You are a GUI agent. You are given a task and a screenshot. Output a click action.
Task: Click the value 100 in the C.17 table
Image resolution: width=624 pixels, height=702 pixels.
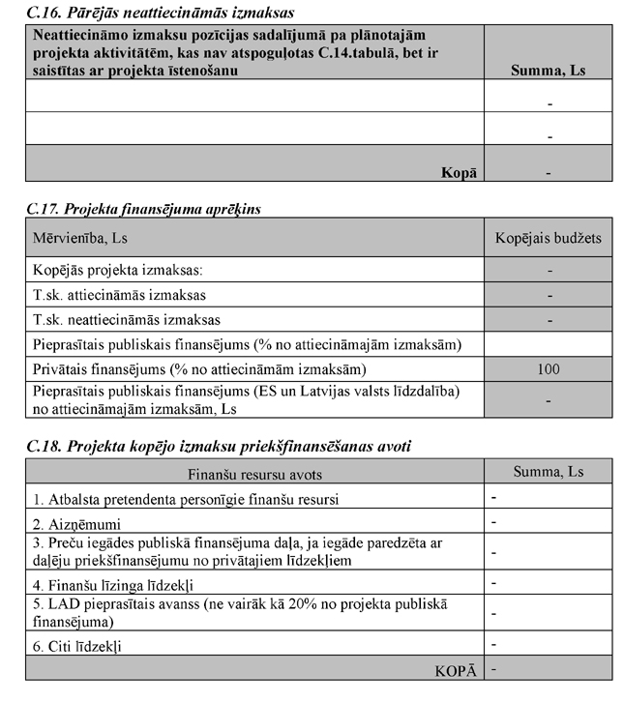[549, 368]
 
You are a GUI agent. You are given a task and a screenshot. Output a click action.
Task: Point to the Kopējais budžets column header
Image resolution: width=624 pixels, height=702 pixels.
[549, 237]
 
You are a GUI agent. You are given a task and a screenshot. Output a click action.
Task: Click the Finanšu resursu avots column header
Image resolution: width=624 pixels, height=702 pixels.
[254, 474]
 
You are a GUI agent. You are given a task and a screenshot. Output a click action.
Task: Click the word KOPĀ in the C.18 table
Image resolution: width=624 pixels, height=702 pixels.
[456, 669]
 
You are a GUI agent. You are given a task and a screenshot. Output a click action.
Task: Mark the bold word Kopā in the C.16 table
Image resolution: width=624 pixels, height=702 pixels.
[460, 172]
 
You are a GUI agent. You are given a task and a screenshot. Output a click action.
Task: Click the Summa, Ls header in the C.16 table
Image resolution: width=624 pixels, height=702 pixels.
[548, 71]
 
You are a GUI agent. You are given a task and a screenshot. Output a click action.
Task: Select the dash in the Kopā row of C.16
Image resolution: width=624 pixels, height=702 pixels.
[549, 173]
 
